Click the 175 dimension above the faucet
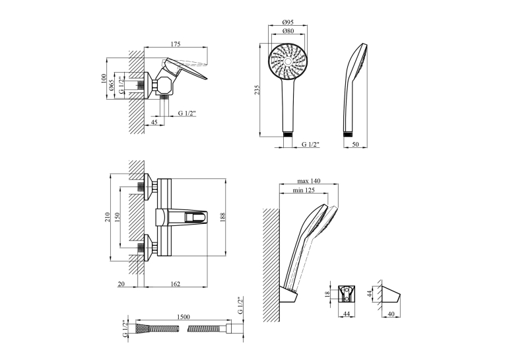tap(176, 44)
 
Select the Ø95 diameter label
tap(288, 22)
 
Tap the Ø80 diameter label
tap(288, 31)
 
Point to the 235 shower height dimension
tap(257, 90)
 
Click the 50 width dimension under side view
tap(355, 145)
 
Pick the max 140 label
tap(308, 181)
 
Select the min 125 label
tap(304, 190)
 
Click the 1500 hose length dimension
tap(184, 317)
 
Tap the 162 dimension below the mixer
tap(175, 284)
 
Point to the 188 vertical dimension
tap(223, 217)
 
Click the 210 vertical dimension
tap(108, 217)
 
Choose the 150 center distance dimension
tap(118, 217)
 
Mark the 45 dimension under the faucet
tap(154, 122)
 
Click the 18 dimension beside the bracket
tap(327, 294)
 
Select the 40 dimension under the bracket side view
tap(391, 314)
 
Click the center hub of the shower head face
tap(288, 61)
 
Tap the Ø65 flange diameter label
tap(112, 85)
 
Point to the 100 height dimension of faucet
tap(104, 79)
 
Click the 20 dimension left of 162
tap(121, 284)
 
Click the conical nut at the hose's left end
tap(142, 329)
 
